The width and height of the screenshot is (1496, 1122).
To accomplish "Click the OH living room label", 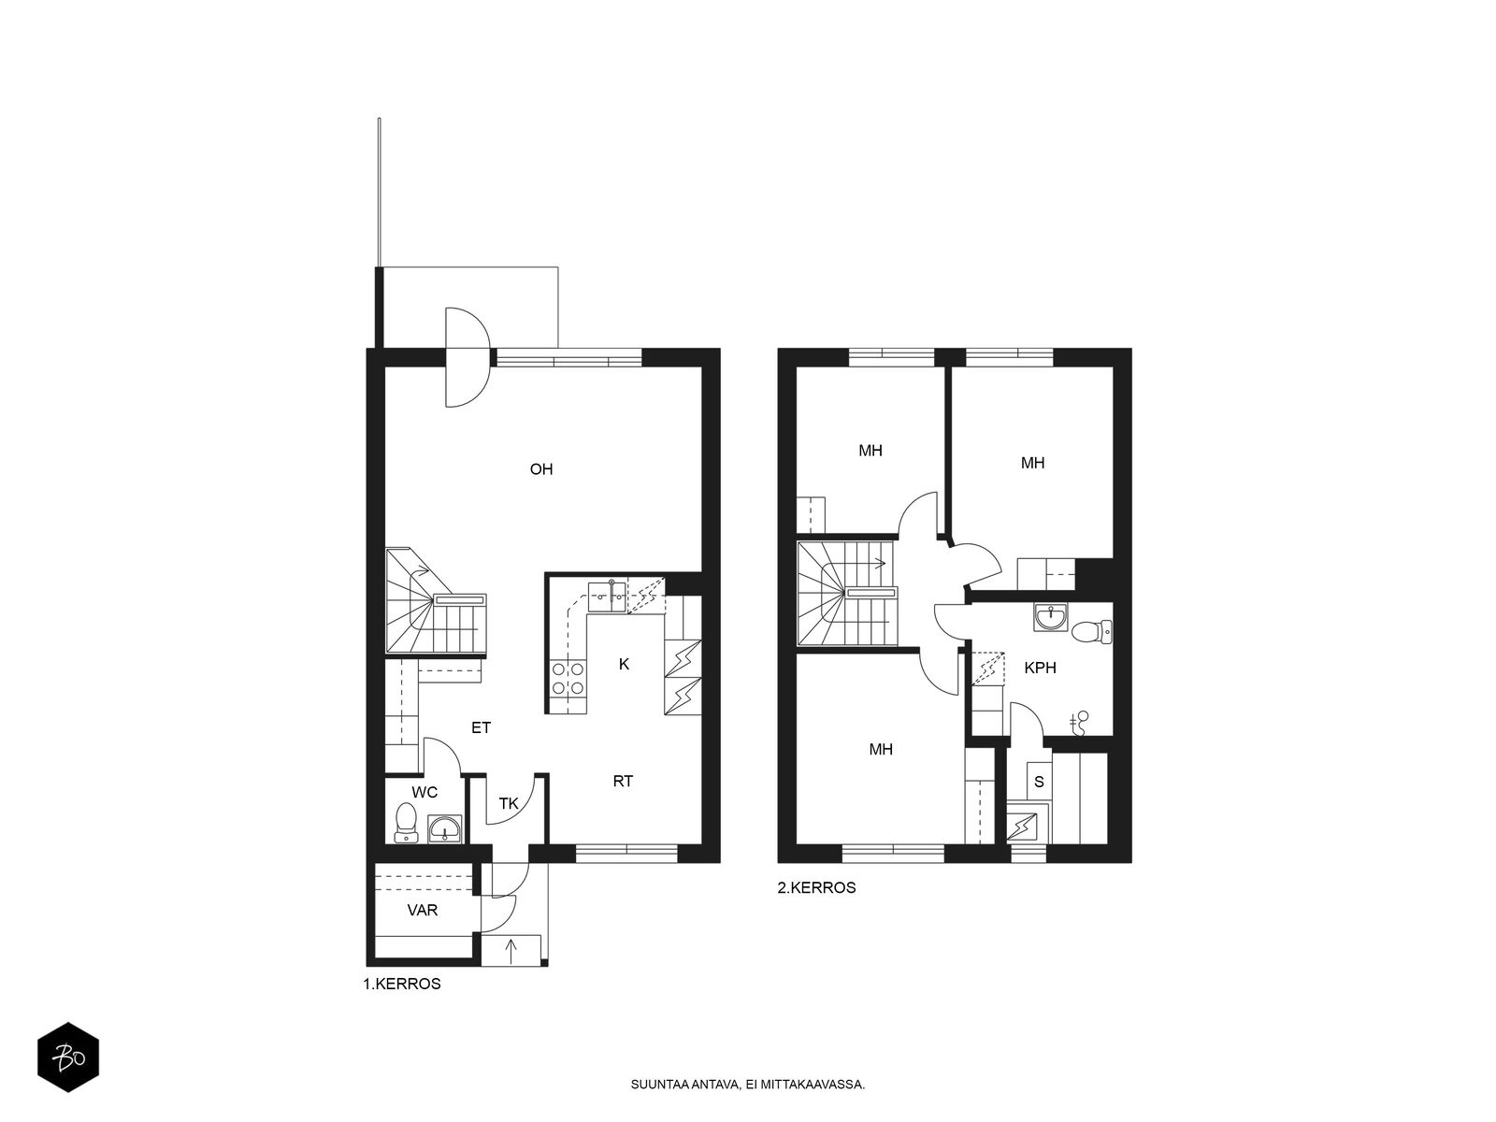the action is (x=541, y=469).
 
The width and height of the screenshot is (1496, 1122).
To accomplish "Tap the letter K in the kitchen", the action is (x=624, y=664).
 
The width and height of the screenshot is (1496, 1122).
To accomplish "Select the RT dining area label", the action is (x=623, y=782).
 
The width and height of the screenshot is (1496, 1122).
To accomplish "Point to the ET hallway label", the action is (x=482, y=727).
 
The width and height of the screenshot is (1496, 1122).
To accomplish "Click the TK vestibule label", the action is (x=509, y=804).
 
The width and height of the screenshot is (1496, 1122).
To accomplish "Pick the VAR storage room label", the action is (x=423, y=910).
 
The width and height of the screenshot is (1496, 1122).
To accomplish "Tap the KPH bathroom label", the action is (x=1040, y=669).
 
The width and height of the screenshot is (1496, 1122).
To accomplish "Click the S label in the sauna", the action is (x=1039, y=782).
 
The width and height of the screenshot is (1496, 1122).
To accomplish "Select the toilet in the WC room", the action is (x=406, y=822).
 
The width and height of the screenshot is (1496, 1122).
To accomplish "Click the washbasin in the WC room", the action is (x=445, y=828).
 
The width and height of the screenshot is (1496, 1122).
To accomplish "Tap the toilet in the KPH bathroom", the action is (x=1092, y=631).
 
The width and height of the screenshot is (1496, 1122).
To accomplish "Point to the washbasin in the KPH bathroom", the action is (x=1051, y=617).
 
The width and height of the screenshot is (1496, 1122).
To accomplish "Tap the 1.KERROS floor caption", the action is (x=402, y=984).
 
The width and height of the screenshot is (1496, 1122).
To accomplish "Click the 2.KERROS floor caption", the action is (x=816, y=887).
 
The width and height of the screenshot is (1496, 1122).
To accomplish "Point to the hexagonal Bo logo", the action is (x=68, y=1057).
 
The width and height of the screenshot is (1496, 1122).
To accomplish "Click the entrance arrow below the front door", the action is (x=511, y=951).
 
